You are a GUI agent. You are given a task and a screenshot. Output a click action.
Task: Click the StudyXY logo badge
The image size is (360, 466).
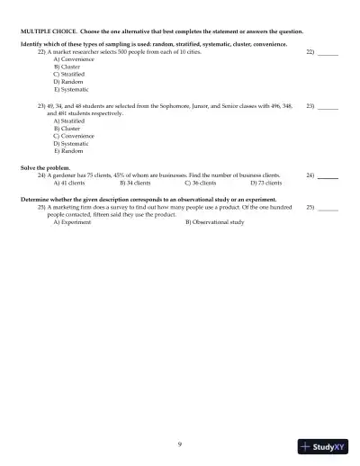323,445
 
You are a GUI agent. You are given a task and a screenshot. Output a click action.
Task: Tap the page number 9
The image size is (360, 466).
180,444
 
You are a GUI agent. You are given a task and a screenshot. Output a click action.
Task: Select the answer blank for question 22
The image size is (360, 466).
328,56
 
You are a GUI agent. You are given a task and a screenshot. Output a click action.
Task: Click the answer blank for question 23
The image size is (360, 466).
328,108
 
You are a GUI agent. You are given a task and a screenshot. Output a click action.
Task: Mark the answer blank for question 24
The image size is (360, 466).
328,176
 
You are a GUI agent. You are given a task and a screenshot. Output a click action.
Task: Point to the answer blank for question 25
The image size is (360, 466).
328,210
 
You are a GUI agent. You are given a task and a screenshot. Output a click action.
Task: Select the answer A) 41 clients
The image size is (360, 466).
73,182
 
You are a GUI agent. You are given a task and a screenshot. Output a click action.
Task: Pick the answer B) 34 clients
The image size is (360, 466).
135,182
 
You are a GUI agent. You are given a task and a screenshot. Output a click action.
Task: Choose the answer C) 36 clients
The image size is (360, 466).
200,182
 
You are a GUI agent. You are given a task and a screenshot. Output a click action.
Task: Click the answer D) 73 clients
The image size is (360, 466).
265,182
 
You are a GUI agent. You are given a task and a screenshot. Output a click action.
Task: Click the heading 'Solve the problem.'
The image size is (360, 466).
43,167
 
